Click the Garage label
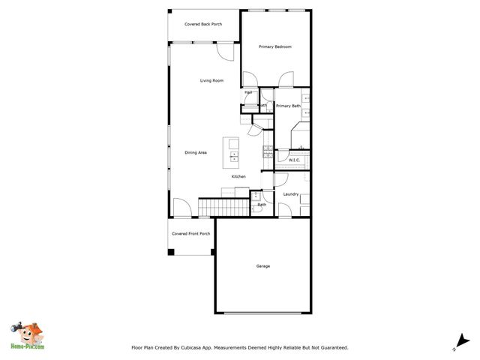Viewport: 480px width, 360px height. pyautogui.click(x=262, y=266)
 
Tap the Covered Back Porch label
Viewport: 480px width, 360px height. pyautogui.click(x=203, y=24)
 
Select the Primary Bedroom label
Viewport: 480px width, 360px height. pyautogui.click(x=274, y=47)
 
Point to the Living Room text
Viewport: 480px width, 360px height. pyautogui.click(x=211, y=80)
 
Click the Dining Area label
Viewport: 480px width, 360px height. pyautogui.click(x=196, y=152)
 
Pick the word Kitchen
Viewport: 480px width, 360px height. pyautogui.click(x=238, y=176)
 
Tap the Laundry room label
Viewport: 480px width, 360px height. pyautogui.click(x=291, y=194)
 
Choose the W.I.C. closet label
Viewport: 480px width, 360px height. pyautogui.click(x=294, y=160)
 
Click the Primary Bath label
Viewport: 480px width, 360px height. pyautogui.click(x=288, y=106)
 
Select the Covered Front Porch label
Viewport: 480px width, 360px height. pyautogui.click(x=190, y=233)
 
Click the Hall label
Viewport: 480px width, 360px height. pyautogui.click(x=248, y=92)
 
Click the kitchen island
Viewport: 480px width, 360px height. pyautogui.click(x=232, y=149)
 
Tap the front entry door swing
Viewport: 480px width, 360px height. pyautogui.click(x=182, y=208)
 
